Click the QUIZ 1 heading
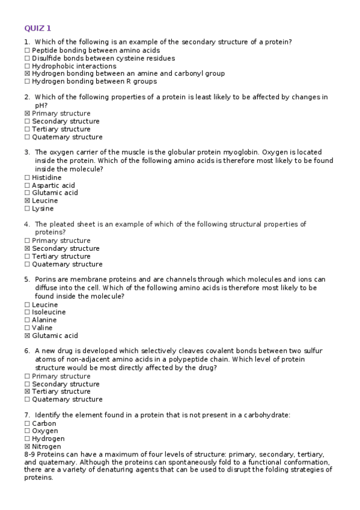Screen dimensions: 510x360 point(37,28)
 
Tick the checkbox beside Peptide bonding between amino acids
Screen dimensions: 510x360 point(27,51)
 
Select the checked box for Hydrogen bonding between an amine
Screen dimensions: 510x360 point(27,74)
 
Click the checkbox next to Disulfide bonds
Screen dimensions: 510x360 point(27,58)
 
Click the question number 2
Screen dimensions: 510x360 point(27,97)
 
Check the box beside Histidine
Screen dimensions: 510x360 point(27,178)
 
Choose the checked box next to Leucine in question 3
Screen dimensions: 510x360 point(27,201)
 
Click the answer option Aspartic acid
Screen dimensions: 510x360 point(53,185)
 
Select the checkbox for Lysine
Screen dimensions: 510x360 point(27,209)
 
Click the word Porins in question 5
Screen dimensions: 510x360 point(46,279)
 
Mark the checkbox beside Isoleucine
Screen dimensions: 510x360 point(27,313)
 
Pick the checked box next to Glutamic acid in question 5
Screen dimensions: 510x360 point(27,336)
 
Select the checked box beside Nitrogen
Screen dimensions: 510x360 point(27,447)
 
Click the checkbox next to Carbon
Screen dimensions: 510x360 point(27,424)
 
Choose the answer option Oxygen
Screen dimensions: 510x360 point(45,431)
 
